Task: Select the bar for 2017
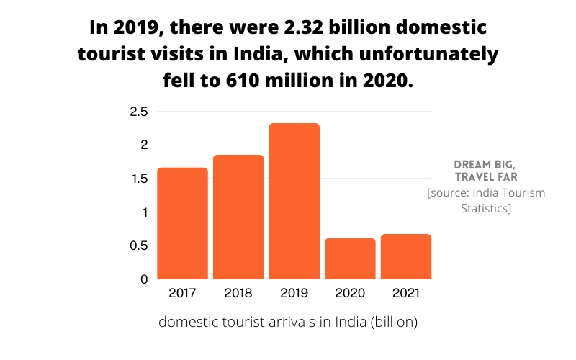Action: point(182,223)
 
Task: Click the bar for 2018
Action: point(238,217)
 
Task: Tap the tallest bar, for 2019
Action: point(294,201)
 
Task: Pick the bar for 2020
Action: point(350,258)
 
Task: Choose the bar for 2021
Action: point(406,256)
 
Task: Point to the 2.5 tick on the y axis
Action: point(138,112)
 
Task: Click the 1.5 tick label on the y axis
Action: point(138,179)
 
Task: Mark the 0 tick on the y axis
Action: point(144,279)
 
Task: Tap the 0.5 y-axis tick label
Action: point(138,246)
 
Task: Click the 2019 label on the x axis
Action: point(294,294)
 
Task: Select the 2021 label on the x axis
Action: point(406,294)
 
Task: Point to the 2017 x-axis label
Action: point(182,294)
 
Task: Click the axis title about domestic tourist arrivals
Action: point(288,322)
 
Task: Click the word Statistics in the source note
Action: point(486,208)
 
